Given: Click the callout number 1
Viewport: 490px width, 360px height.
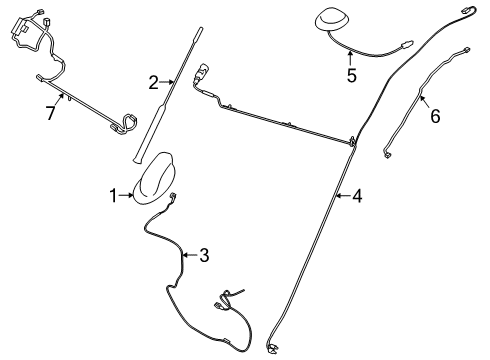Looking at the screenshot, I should [x=114, y=195].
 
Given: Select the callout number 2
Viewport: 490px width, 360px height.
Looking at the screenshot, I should [x=154, y=82].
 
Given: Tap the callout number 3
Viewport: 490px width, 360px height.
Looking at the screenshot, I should [x=204, y=255].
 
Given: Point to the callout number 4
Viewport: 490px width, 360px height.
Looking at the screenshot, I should [x=358, y=196].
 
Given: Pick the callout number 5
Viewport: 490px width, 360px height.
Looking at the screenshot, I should [x=350, y=74].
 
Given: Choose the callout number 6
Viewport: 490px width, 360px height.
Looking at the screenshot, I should [x=435, y=116].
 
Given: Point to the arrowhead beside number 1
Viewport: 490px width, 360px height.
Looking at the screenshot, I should [x=132, y=195].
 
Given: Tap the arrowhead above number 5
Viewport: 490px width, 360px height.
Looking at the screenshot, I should [x=350, y=56].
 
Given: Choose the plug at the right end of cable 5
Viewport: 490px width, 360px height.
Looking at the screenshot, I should [x=407, y=44].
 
